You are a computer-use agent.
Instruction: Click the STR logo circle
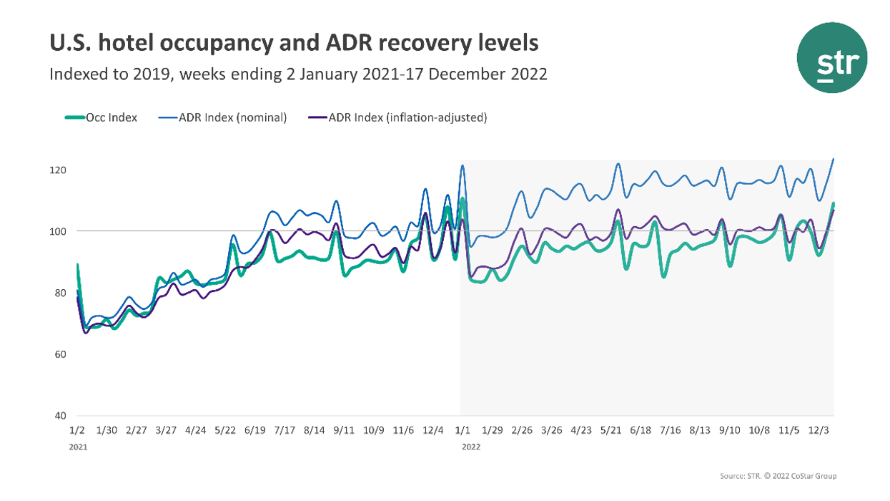coord(832,57)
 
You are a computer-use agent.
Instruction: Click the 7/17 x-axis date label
coord(285,430)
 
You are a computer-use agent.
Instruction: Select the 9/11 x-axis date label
coord(344,430)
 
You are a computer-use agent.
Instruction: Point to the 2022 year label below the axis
coord(470,447)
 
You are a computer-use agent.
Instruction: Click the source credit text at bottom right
coord(778,476)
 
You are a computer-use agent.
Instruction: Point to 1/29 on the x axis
coord(493,430)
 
